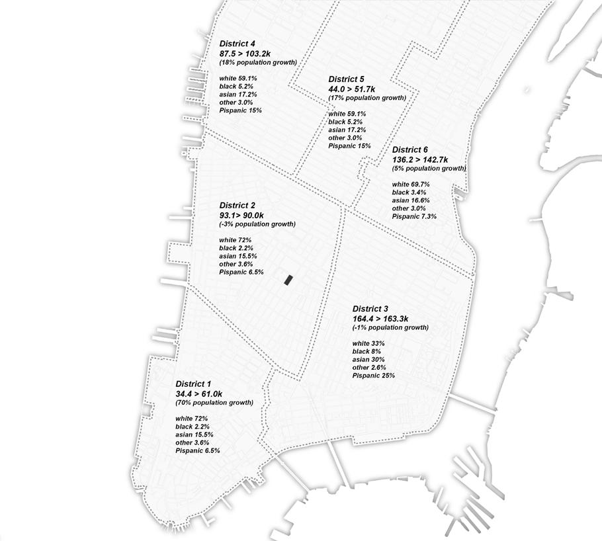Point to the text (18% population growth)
(x=258, y=62)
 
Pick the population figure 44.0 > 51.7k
(x=352, y=89)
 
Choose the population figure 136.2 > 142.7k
(x=419, y=159)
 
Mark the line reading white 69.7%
(x=411, y=185)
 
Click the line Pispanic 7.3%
(x=414, y=216)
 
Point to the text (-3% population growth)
(x=257, y=224)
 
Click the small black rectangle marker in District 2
(x=288, y=280)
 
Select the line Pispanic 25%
(x=374, y=376)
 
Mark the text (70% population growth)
(x=214, y=403)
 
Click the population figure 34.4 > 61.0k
(x=199, y=394)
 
